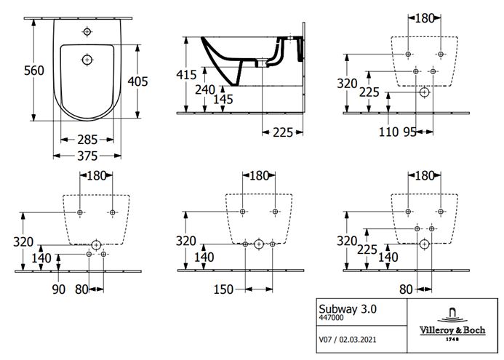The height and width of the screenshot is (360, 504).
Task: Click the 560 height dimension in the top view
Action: (33, 71)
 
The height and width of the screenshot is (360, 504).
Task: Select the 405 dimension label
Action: (137, 81)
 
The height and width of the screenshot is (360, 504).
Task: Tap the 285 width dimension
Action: (87, 140)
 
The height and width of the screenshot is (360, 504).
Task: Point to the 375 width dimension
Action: (87, 156)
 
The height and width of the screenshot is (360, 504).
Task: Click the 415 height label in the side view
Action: (186, 75)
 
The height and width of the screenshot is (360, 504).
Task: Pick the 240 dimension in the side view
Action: (205, 89)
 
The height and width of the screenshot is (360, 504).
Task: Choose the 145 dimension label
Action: (223, 100)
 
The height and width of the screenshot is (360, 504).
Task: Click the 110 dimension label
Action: (388, 132)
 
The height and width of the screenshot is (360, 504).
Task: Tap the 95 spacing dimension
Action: (409, 132)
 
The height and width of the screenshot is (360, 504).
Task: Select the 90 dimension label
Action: (58, 289)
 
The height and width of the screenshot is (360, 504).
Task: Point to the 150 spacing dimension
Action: (223, 289)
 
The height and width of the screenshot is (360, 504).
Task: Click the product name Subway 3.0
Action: (348, 309)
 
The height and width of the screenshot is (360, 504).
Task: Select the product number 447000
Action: (331, 318)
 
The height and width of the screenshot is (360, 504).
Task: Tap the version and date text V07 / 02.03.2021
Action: (348, 340)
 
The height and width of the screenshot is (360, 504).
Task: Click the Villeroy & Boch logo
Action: (452, 325)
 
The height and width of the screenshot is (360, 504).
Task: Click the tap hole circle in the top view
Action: (87, 32)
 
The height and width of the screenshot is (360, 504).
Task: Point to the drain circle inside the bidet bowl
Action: (87, 60)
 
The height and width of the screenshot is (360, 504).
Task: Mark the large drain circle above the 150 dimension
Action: (259, 244)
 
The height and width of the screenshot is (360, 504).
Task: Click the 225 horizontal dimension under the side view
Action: (283, 132)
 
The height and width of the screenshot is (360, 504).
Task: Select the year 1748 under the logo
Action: (452, 339)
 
